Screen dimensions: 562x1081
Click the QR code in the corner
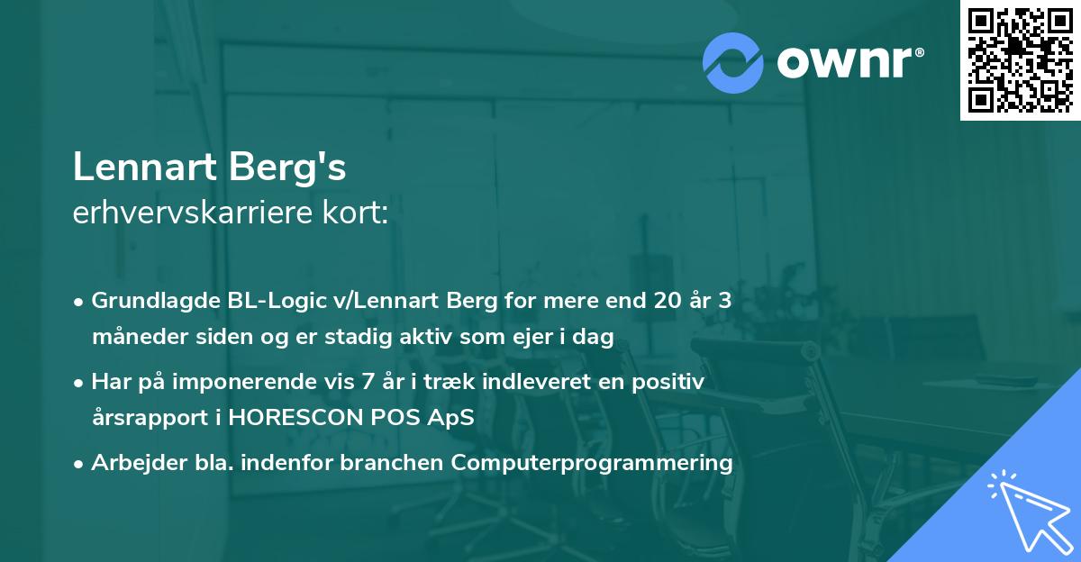(1020, 59)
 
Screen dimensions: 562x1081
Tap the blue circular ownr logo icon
(733, 62)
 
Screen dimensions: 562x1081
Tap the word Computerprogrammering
(593, 463)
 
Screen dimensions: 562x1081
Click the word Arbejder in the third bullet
(130, 463)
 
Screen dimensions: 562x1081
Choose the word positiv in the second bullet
(671, 382)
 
